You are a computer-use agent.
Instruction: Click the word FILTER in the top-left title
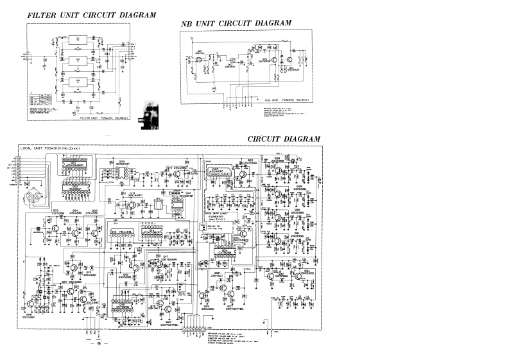[x=44, y=14]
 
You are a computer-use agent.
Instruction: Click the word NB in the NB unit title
[x=187, y=23]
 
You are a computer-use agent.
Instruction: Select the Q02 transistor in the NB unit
[x=229, y=60]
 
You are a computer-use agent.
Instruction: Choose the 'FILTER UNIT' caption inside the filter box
[x=89, y=118]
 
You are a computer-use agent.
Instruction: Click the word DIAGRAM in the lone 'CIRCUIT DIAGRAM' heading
[x=300, y=138]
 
